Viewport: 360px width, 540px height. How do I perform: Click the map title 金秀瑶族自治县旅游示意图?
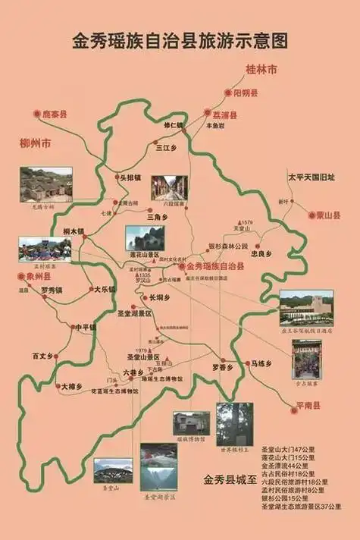180,39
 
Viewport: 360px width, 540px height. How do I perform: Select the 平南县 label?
306,406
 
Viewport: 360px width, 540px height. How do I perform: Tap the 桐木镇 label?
74,231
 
